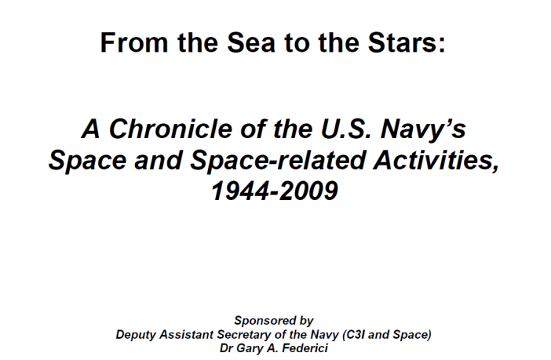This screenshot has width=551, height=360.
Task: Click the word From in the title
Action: pos(134,42)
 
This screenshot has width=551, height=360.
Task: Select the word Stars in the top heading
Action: pos(403,42)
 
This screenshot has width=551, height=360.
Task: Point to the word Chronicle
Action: pos(170,129)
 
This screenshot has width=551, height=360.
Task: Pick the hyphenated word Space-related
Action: pos(278,161)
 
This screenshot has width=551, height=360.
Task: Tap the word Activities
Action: pos(436,160)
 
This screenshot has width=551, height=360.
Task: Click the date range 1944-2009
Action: pos(275,191)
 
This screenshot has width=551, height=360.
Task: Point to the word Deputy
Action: pos(136,336)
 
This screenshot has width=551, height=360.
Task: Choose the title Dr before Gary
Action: pos(226,348)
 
